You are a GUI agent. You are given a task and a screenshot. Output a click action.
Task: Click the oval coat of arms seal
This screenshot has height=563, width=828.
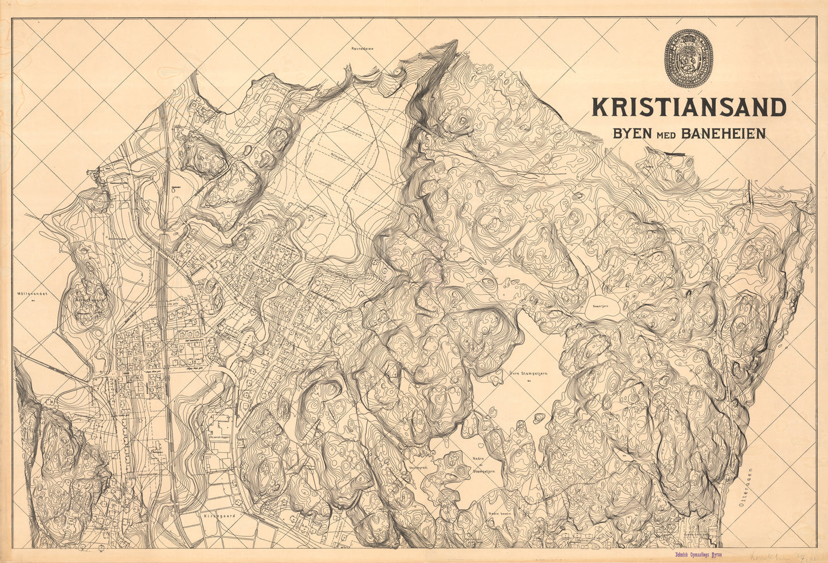[688, 58]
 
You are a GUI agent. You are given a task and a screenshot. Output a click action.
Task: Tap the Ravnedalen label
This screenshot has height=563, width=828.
[362, 49]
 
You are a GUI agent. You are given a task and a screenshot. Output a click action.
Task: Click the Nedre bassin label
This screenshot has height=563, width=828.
[500, 514]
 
